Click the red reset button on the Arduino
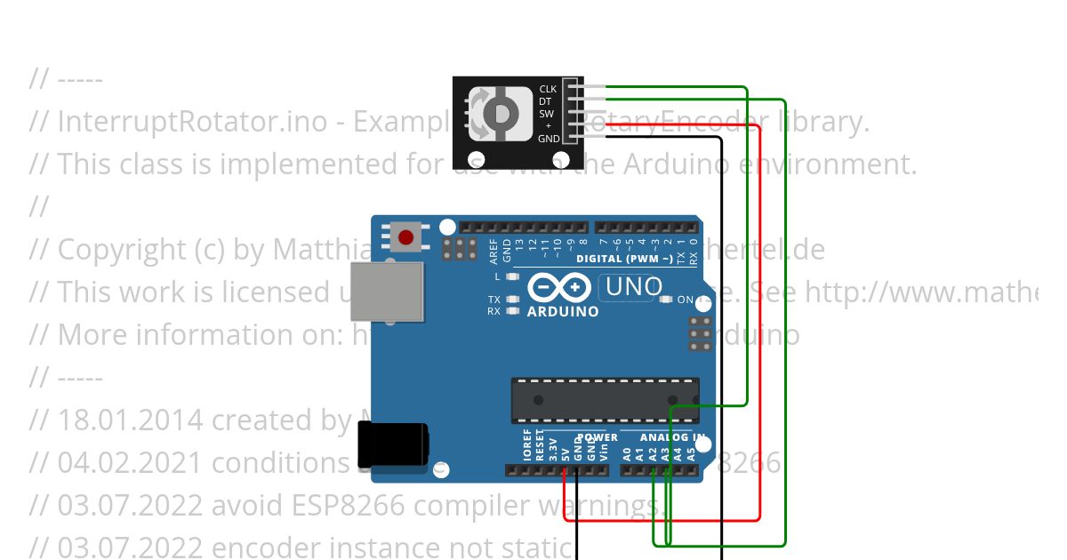tap(406, 237)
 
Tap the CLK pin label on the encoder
tap(548, 89)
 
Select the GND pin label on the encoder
tap(549, 139)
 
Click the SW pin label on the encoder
tap(546, 114)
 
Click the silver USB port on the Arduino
tap(387, 291)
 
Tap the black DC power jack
tap(392, 444)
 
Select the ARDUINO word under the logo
tap(562, 312)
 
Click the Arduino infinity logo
tap(559, 288)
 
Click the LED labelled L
tap(512, 276)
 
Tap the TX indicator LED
tap(512, 300)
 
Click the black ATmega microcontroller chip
tap(605, 400)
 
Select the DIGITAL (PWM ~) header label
tap(624, 259)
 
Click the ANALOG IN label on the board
tap(672, 437)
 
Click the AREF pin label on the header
tap(494, 251)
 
